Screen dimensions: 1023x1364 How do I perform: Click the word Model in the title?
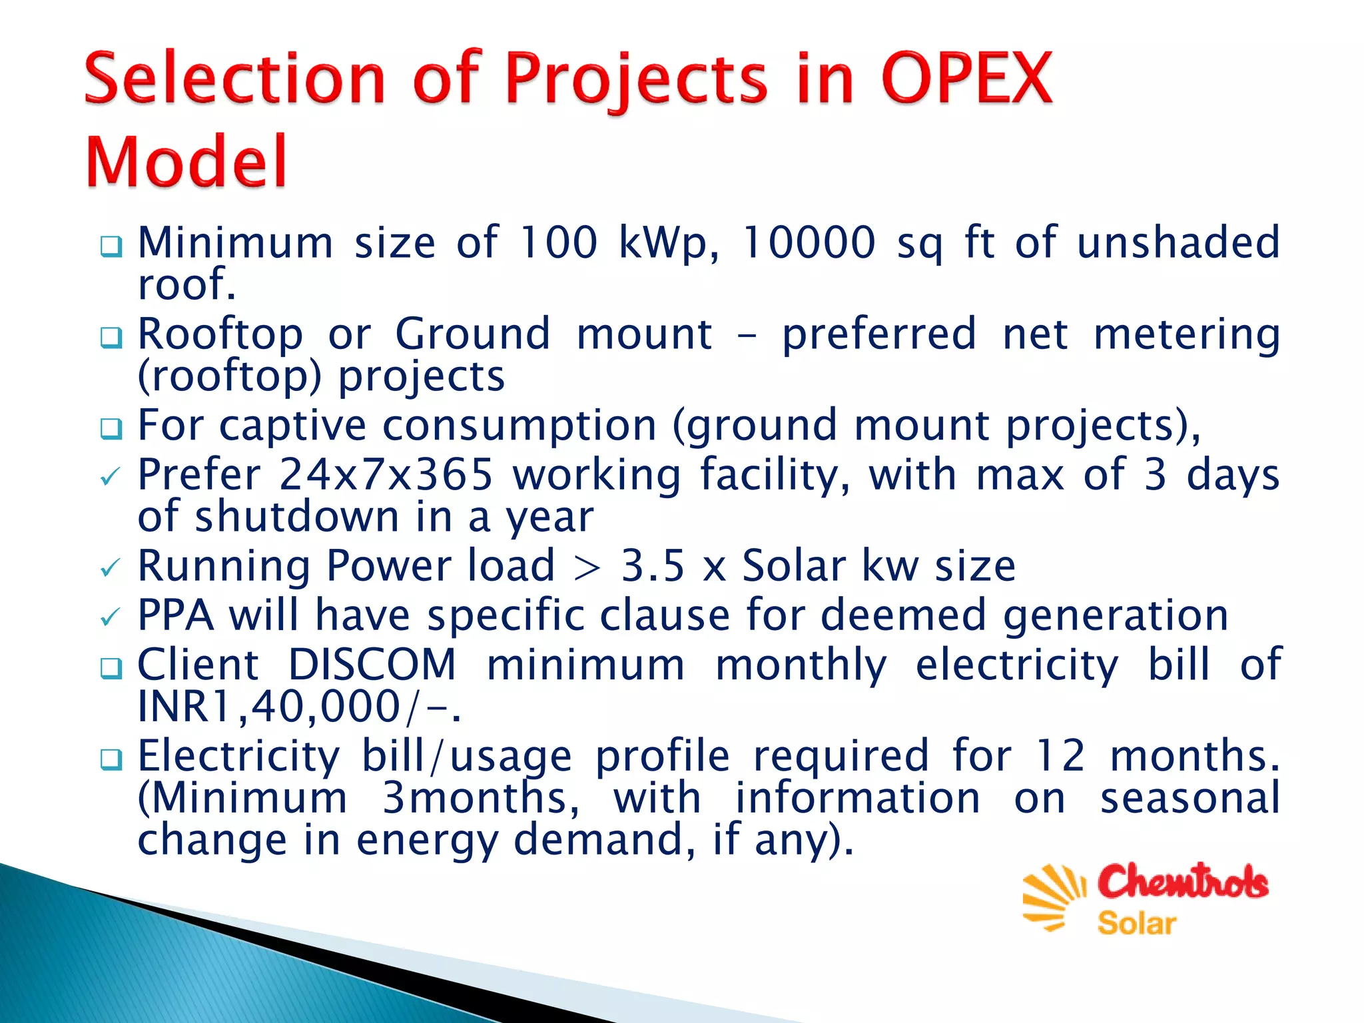(186, 163)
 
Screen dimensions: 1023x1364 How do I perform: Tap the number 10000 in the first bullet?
(808, 242)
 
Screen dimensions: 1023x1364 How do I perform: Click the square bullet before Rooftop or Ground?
(111, 337)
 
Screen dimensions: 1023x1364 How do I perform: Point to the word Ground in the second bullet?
(473, 334)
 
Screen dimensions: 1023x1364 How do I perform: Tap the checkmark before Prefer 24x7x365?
(110, 477)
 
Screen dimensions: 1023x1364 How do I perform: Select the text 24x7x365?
(386, 475)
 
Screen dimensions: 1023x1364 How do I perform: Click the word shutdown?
(296, 517)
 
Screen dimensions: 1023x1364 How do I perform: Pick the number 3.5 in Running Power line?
(653, 566)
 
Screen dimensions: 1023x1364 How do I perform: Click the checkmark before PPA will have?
(110, 617)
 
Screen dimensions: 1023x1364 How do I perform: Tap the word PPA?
(176, 615)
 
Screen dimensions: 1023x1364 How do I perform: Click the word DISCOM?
(372, 665)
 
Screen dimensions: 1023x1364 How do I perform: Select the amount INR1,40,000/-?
(299, 707)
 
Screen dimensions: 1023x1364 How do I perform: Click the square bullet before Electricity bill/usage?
(111, 759)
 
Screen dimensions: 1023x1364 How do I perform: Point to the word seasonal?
(1189, 799)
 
